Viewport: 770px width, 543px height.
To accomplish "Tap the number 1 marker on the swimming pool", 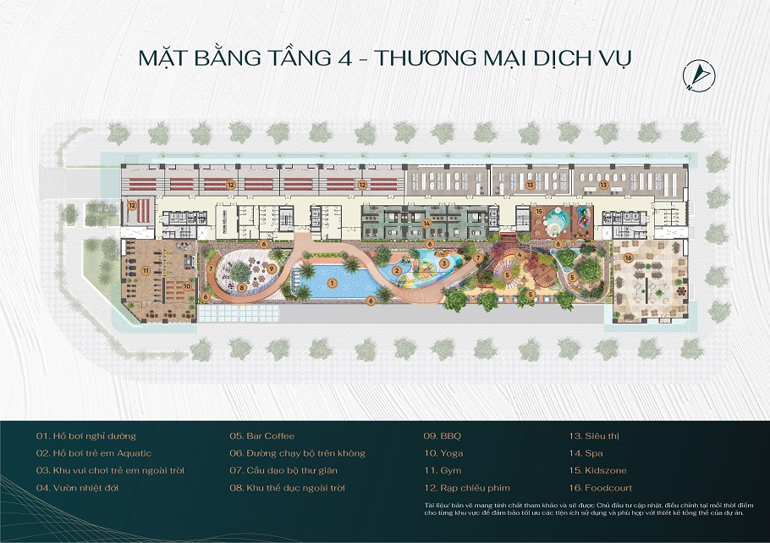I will (x=332, y=281).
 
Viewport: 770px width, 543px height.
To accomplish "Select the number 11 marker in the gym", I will (x=146, y=271).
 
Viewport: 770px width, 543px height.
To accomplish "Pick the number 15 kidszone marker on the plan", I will (x=539, y=211).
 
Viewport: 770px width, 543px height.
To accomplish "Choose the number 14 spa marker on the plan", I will (x=428, y=223).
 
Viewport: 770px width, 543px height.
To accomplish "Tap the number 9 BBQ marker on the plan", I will (x=272, y=269).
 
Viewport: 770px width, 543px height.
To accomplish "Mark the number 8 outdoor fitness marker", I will (x=241, y=287).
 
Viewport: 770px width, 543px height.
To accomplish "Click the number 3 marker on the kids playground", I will (x=443, y=263).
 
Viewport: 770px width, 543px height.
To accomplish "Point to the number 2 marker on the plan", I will (x=396, y=270).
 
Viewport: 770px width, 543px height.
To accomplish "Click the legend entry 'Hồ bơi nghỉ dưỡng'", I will (x=85, y=435).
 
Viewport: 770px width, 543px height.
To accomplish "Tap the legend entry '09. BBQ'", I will (x=443, y=435).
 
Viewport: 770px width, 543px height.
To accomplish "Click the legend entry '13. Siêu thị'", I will (x=596, y=435).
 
